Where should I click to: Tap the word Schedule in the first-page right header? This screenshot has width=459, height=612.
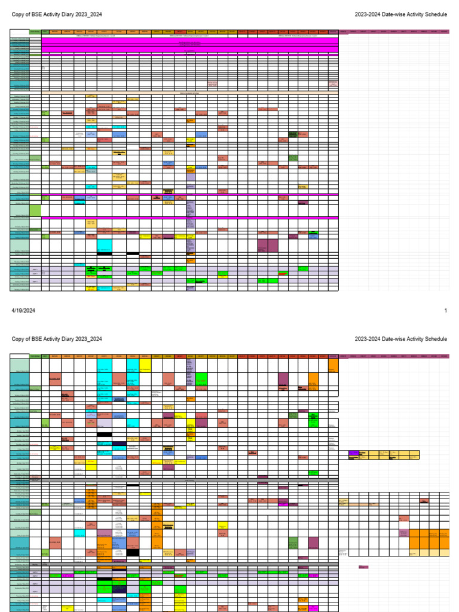(x=434, y=14)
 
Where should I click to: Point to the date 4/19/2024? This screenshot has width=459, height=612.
(x=23, y=310)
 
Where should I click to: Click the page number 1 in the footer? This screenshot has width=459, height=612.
(x=445, y=310)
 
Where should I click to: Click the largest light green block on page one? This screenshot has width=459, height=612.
(x=35, y=210)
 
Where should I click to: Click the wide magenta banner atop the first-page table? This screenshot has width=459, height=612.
(x=189, y=45)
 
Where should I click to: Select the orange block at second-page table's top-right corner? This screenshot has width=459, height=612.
(x=333, y=365)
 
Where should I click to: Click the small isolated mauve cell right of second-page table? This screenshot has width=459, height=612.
(x=363, y=567)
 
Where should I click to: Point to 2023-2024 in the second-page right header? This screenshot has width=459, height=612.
(x=368, y=339)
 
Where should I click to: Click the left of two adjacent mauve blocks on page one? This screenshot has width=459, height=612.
(x=262, y=246)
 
